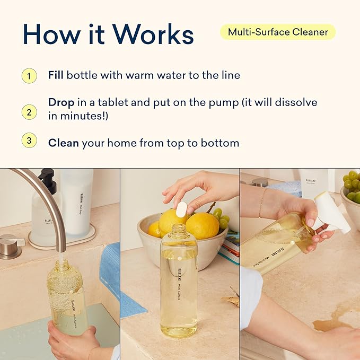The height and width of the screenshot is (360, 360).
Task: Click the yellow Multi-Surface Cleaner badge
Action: [278, 32]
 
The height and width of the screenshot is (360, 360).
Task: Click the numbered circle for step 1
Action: [29, 75]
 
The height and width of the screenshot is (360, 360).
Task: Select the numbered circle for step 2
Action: [29, 112]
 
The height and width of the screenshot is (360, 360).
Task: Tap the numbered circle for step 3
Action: [29, 141]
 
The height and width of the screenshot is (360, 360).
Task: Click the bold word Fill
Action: [56, 75]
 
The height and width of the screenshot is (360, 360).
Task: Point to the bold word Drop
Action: [61, 102]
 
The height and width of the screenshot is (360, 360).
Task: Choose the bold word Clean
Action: [63, 143]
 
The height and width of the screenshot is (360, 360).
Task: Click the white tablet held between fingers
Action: [181, 209]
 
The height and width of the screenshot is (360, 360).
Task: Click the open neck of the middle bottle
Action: [179, 229]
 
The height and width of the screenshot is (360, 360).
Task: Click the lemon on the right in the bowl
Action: [202, 225]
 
